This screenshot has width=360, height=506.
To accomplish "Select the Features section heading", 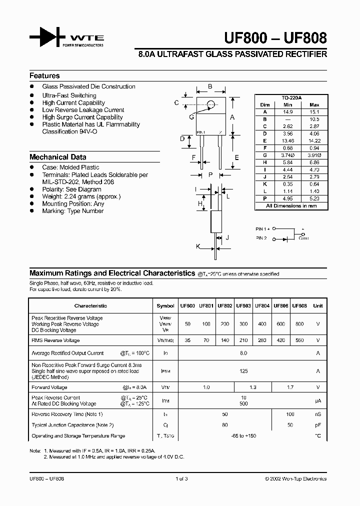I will (x=44, y=76).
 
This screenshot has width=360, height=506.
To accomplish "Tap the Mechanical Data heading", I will (x=57, y=157).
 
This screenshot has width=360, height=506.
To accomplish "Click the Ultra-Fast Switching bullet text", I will (x=69, y=95).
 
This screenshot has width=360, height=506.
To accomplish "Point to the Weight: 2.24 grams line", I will (x=81, y=196).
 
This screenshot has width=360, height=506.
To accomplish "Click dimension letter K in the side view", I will (x=198, y=246).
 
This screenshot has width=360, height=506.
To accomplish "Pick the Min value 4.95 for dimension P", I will (x=288, y=198).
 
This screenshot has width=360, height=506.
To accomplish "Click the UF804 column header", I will (x=262, y=305).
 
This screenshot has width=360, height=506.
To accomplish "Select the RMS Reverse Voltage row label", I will (x=55, y=340).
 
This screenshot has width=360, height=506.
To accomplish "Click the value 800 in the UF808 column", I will (x=299, y=324).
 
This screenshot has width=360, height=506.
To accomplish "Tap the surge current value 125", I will (x=243, y=371).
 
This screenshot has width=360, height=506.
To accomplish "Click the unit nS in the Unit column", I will (x=317, y=414).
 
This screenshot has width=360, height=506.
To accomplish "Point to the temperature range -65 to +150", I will (x=243, y=436).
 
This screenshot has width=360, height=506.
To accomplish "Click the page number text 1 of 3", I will (x=181, y=478).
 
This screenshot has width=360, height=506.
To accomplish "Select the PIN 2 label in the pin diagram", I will (x=262, y=238).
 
